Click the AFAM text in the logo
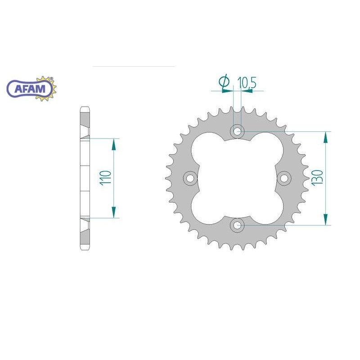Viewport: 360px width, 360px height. (30, 89)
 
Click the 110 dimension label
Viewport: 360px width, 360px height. (106, 178)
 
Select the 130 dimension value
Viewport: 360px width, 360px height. (317, 178)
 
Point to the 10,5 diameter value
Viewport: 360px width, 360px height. (247, 82)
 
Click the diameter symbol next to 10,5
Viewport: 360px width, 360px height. (224, 81)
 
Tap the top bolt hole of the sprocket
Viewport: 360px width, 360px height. (238, 131)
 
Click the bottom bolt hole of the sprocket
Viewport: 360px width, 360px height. (238, 225)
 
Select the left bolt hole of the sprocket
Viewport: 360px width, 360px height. (190, 178)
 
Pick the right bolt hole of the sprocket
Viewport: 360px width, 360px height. (284, 178)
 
